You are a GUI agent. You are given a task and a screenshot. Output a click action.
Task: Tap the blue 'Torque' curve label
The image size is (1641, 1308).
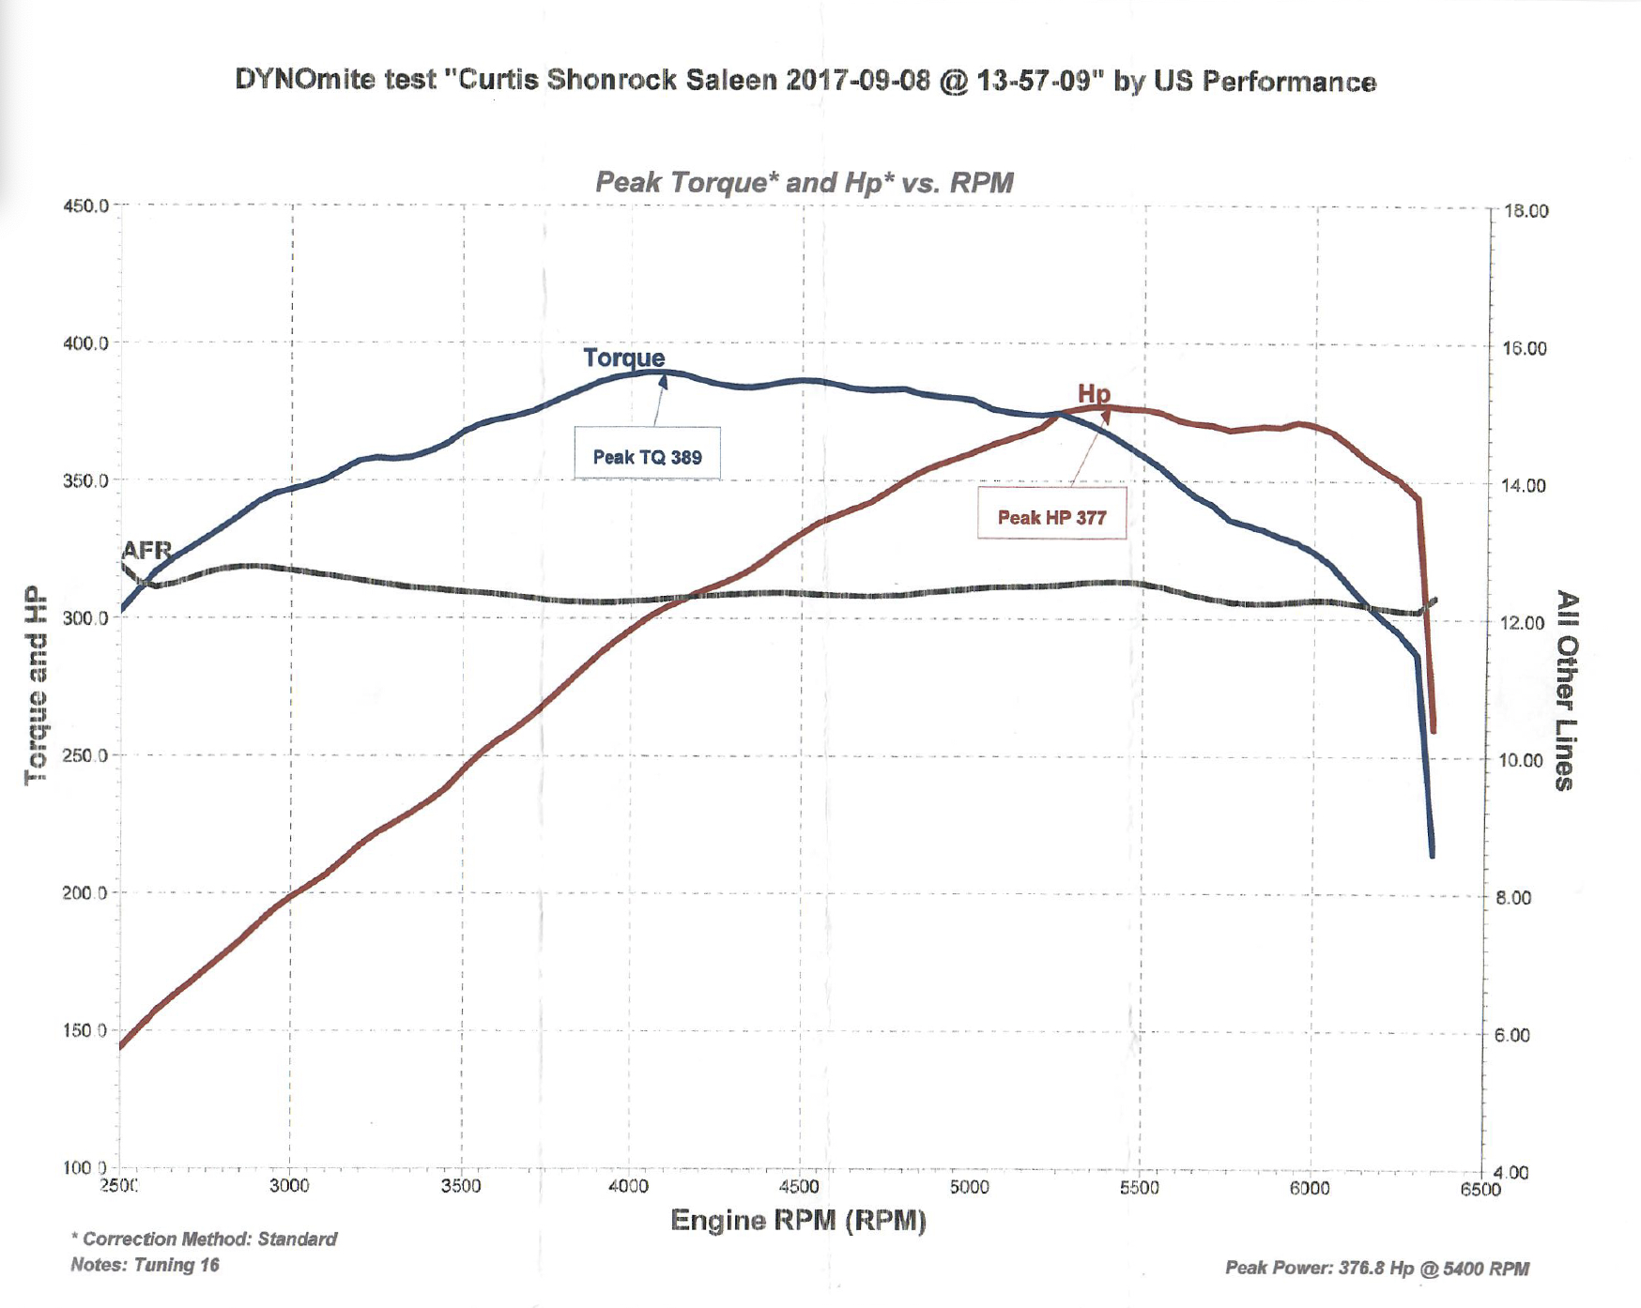(x=623, y=357)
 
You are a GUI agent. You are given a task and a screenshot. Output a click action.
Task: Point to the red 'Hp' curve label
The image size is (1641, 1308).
(x=1094, y=393)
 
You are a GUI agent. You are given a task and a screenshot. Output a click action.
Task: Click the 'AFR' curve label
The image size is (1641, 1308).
(x=146, y=550)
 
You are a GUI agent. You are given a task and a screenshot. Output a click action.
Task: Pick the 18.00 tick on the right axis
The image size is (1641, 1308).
(x=1526, y=211)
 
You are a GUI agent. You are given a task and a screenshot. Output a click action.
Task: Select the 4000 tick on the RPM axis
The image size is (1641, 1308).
(x=628, y=1186)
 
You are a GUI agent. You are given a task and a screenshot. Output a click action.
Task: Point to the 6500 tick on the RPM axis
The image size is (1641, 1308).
(x=1480, y=1189)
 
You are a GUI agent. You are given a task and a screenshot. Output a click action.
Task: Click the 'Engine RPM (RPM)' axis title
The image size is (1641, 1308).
(x=798, y=1220)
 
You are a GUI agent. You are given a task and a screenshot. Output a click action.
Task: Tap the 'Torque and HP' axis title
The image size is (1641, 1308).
(x=36, y=685)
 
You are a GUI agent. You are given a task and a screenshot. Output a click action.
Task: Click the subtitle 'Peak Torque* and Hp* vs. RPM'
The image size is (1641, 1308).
(x=805, y=182)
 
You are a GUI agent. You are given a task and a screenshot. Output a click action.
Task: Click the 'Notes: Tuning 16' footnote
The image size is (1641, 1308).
(x=145, y=1265)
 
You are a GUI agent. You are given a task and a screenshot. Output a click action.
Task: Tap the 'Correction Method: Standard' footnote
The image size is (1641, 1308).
(x=205, y=1239)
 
